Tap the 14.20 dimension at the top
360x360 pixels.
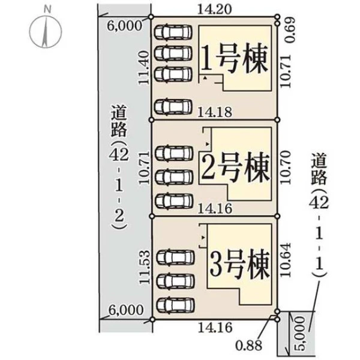point(214,10)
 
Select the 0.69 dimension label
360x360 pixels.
point(290,31)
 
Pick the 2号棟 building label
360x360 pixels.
point(235,167)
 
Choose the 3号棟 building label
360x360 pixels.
point(239,263)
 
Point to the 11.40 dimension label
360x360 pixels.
point(144,68)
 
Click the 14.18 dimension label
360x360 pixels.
point(215,113)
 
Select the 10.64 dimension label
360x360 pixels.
point(286,260)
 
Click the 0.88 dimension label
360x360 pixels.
point(249,346)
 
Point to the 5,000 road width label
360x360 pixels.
point(301,334)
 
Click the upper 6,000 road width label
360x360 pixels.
point(125,25)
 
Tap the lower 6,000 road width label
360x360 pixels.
point(126,310)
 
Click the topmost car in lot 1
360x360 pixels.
point(173,32)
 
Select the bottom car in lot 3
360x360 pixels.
point(176,305)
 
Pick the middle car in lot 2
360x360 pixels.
point(174,177)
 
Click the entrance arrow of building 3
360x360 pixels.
point(203,238)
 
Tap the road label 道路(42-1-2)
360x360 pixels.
point(119,167)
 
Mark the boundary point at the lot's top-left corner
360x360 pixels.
point(151,17)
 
